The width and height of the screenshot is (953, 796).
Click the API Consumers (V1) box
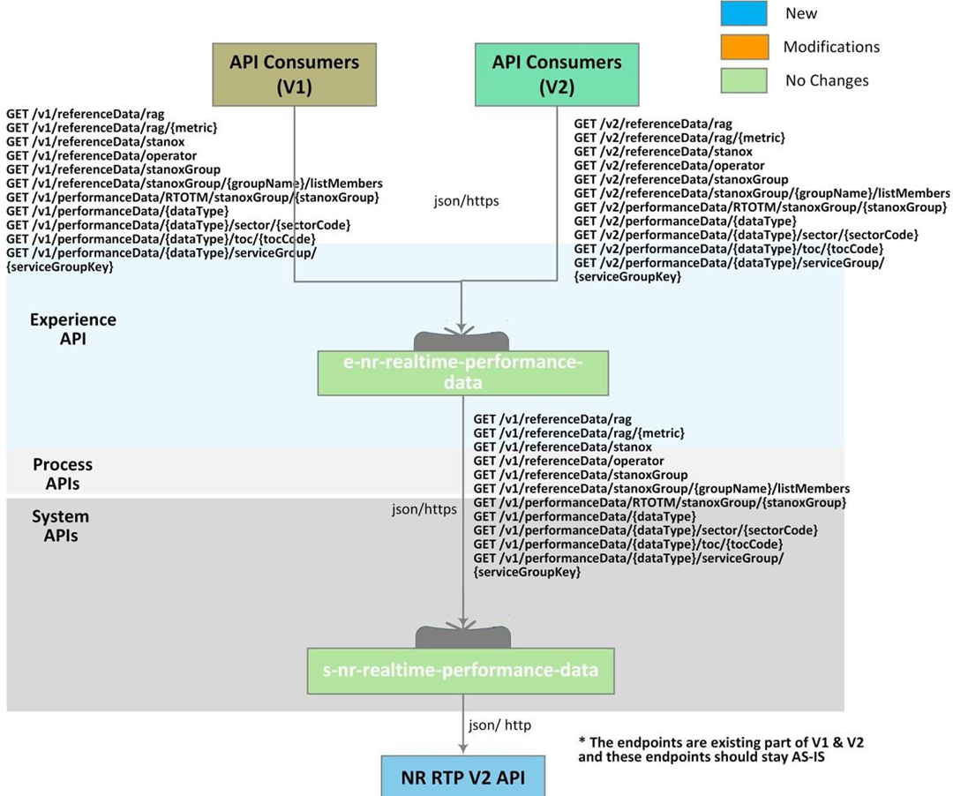295,75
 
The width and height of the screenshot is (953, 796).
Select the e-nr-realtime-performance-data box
463,372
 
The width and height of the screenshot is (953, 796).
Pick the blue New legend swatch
745,13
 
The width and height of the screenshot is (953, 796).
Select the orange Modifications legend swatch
745,47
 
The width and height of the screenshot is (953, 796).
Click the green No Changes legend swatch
745,80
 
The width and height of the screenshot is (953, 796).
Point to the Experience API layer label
72,328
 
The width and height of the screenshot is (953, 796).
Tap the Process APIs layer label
63,473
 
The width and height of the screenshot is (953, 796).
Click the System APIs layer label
61,525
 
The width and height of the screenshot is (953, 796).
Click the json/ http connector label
499,725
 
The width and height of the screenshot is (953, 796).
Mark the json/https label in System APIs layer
424,509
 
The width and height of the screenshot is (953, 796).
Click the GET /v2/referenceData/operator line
669,165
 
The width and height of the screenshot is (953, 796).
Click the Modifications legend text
831,47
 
